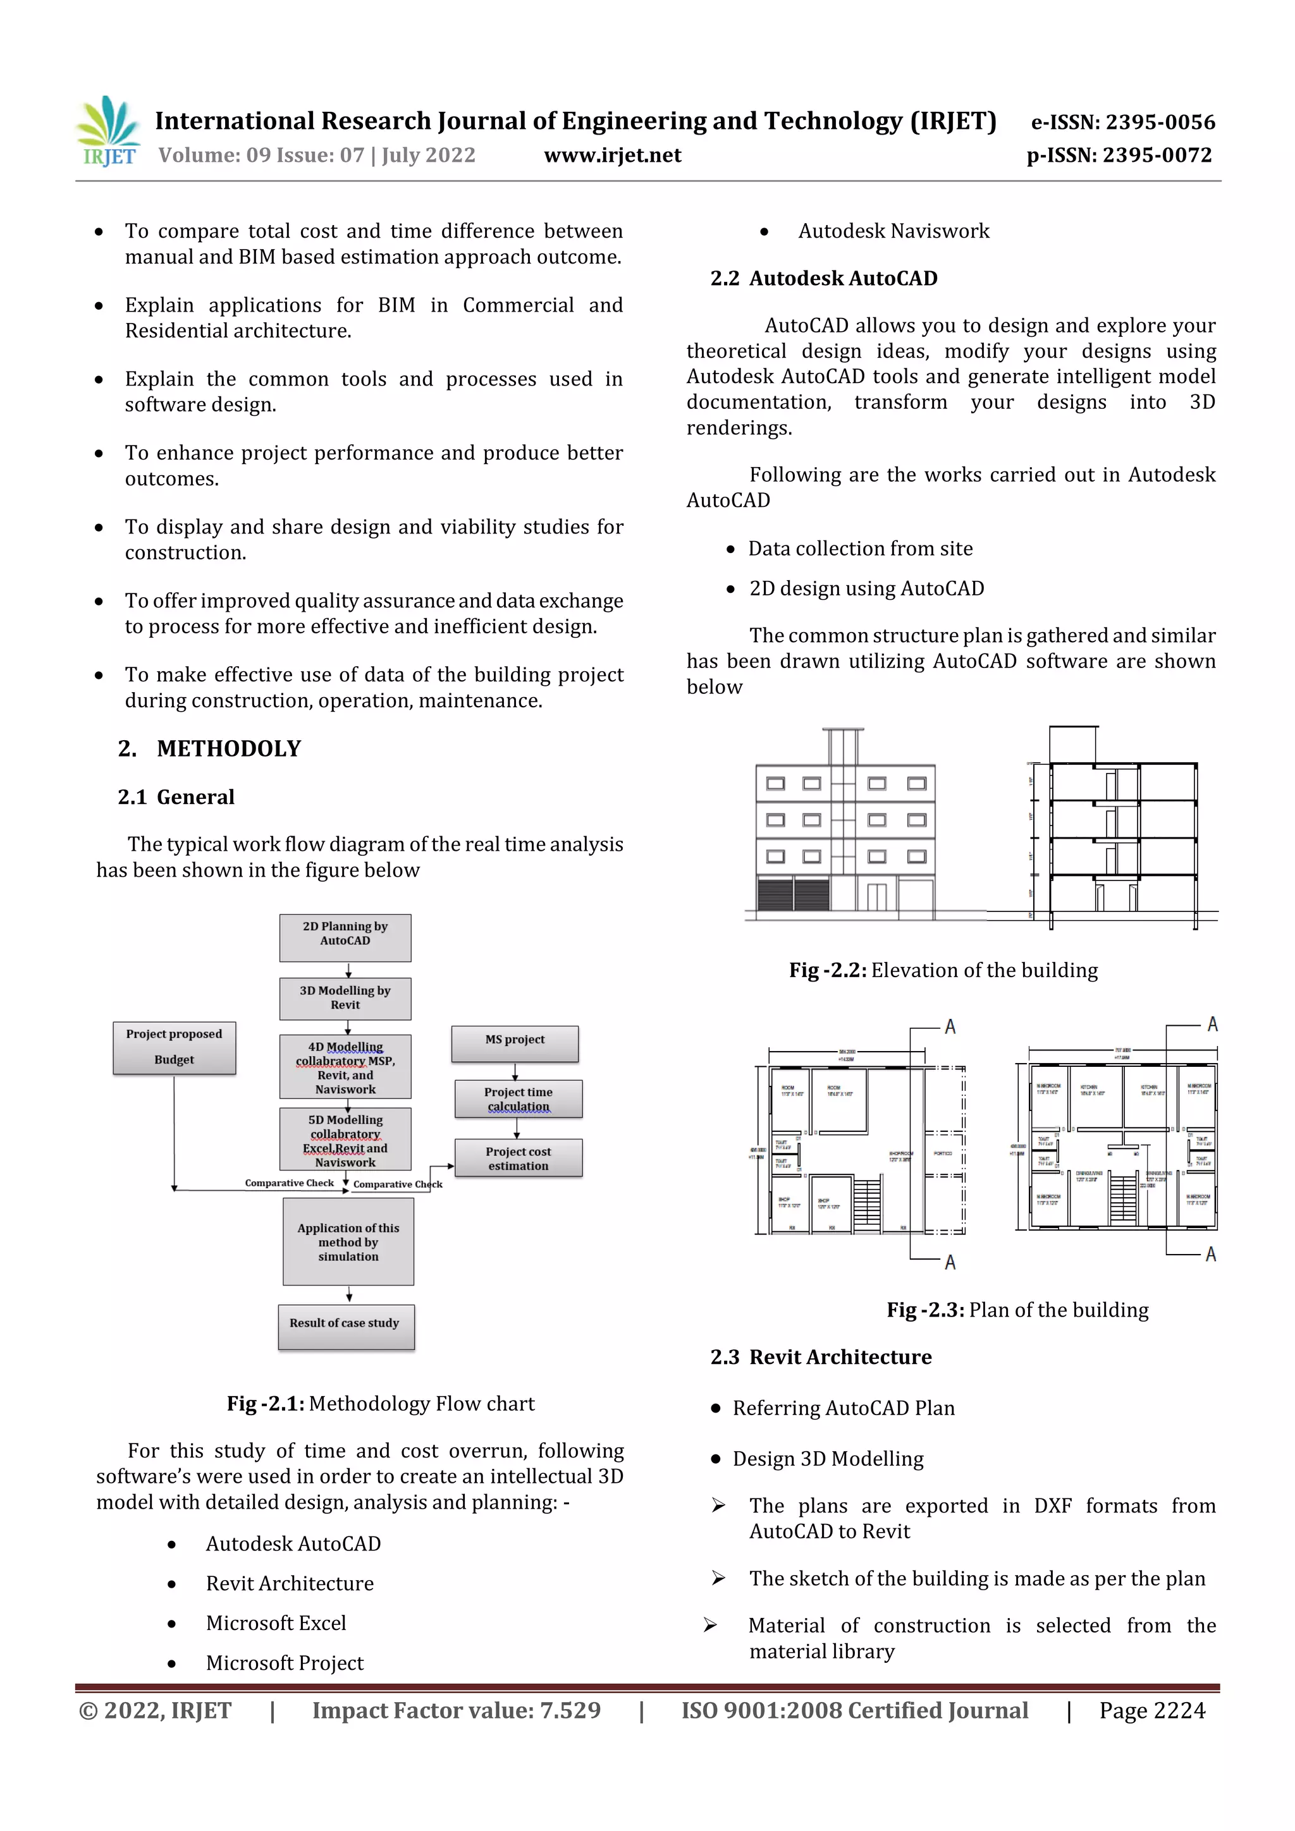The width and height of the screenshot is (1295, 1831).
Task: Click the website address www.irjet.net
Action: coord(612,155)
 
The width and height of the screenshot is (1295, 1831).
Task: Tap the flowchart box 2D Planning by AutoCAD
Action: coord(345,937)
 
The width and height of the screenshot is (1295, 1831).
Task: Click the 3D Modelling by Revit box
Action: coord(345,999)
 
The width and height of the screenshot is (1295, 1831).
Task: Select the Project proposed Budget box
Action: coord(174,1047)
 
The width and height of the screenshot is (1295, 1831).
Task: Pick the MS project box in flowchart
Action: coord(515,1043)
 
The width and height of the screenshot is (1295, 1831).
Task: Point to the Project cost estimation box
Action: coord(518,1158)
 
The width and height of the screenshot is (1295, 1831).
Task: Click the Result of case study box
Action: coord(345,1326)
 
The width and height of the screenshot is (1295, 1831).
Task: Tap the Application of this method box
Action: coord(348,1242)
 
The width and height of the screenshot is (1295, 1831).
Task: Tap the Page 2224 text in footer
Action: coord(1151,1710)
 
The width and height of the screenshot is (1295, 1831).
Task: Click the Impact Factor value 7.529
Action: coord(456,1710)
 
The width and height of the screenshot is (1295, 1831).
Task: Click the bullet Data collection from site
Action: coord(859,549)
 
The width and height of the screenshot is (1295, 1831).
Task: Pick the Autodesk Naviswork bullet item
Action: coord(893,231)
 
